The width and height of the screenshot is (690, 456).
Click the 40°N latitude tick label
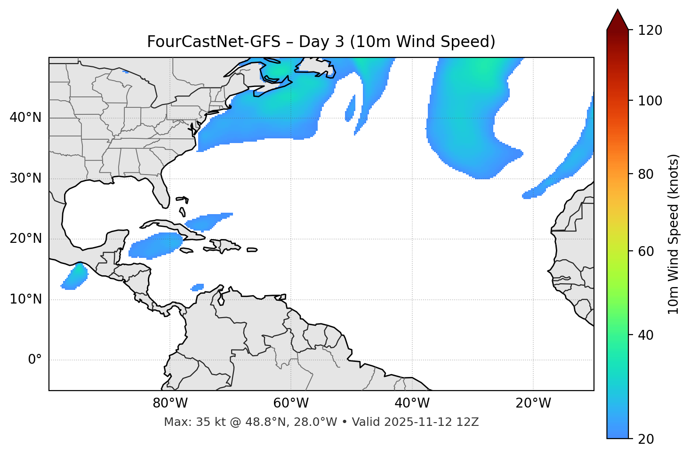25,118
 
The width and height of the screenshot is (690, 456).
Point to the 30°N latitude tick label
25,178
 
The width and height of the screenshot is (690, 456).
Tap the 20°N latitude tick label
25,239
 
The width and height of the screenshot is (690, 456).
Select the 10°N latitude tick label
25,299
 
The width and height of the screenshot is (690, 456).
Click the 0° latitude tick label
34,360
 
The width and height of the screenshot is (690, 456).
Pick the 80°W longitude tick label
170,403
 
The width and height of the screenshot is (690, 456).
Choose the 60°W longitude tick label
291,403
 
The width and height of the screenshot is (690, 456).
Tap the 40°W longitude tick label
412,403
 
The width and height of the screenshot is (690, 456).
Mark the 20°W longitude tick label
533,403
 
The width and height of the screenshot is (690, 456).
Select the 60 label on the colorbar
646,251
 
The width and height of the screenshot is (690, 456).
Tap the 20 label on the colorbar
646,439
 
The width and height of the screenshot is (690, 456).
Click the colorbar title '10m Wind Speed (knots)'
674,234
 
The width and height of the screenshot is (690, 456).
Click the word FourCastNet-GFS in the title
213,42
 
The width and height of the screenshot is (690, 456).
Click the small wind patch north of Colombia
198,287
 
